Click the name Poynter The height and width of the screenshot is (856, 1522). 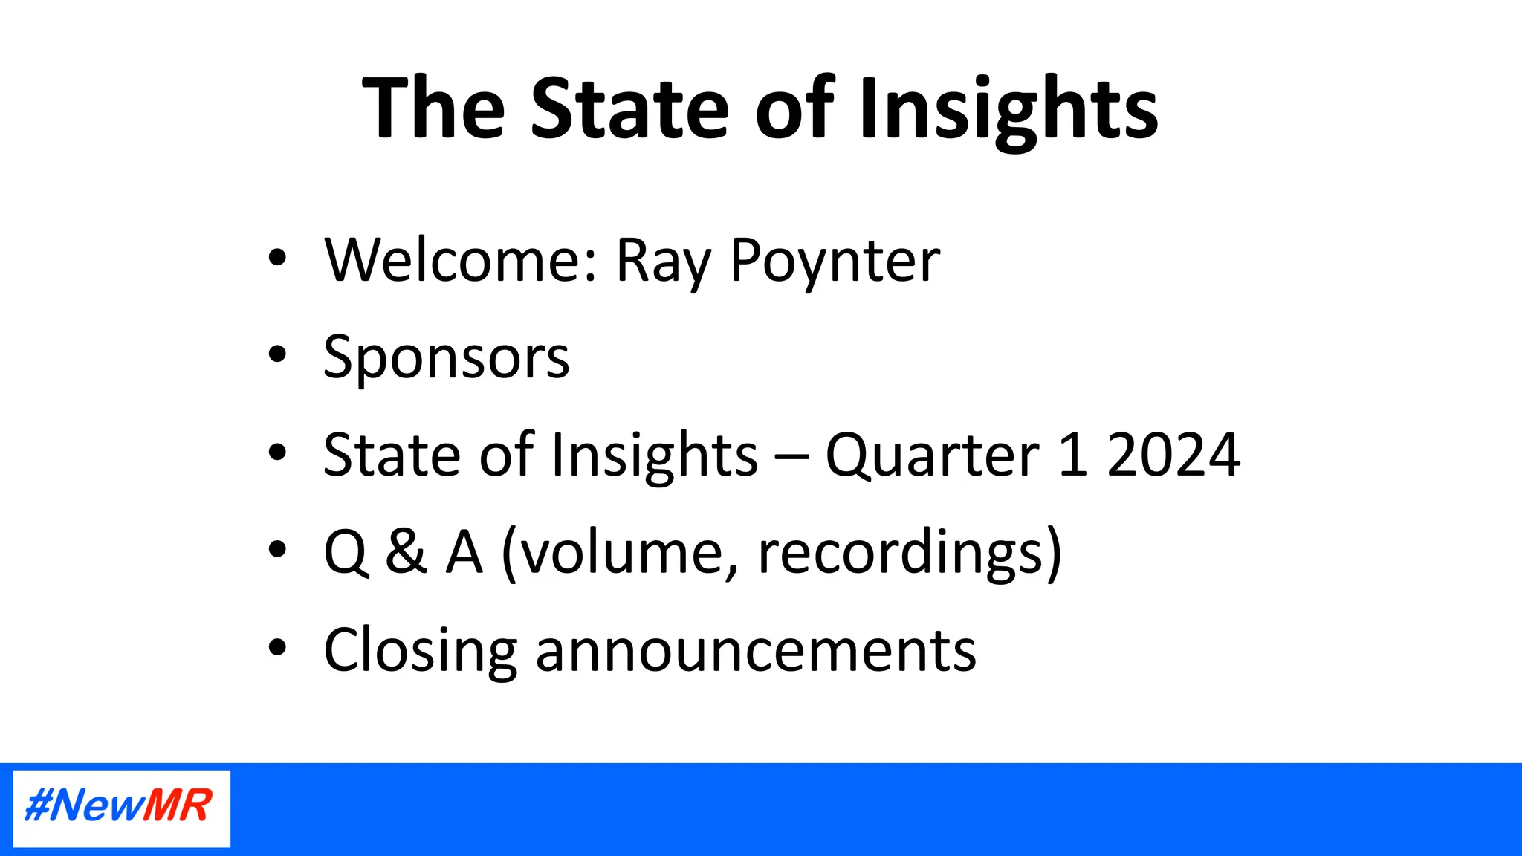[835, 262]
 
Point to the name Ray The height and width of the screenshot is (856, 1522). [664, 262]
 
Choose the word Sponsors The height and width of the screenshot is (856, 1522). [446, 358]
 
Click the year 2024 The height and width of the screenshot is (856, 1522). [1173, 455]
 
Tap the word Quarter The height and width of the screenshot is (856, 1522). [932, 455]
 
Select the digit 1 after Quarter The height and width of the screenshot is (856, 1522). [1072, 455]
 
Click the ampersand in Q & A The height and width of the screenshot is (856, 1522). [406, 552]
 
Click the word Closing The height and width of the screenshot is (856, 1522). [420, 651]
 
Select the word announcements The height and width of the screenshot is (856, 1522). [755, 651]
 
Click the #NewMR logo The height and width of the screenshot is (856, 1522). [121, 808]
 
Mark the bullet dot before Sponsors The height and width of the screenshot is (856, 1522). [277, 354]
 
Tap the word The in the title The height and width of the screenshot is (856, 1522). [433, 108]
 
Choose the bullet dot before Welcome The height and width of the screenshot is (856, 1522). [277, 257]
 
